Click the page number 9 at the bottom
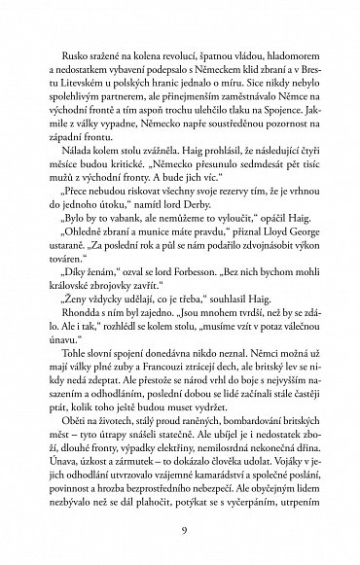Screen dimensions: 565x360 180,528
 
